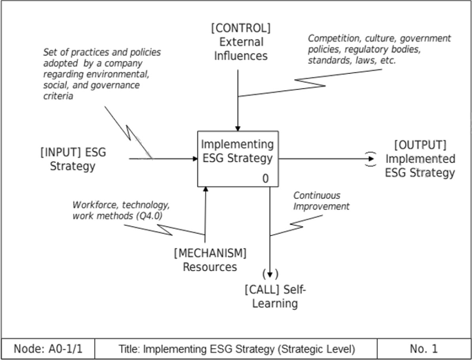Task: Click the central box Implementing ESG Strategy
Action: coord(237,159)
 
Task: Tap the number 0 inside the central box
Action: coord(265,179)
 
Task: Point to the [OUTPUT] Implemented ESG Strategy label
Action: coord(420,159)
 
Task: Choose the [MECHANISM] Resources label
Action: coord(209,260)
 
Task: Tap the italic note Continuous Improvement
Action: coord(321,201)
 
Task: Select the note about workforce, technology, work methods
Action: coord(121,210)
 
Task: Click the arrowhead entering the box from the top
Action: coord(237,128)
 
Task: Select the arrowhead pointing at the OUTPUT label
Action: coord(371,159)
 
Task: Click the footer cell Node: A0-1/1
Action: coord(47,349)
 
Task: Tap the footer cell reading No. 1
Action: coord(423,349)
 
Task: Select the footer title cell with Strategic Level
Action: coord(236,349)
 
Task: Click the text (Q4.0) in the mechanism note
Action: coord(154,217)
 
